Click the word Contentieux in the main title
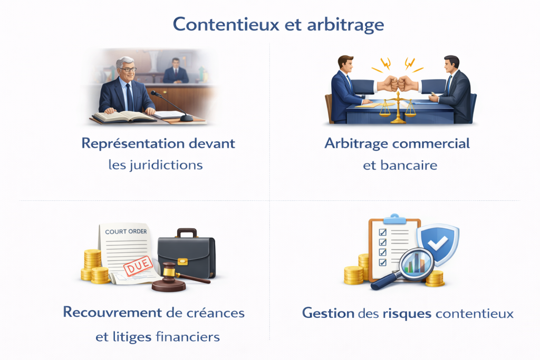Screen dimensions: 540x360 pos(226,24)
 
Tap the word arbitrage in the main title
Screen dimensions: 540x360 pos(345,25)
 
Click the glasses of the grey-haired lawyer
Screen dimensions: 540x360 pos(128,69)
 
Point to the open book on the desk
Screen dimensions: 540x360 pos(124,116)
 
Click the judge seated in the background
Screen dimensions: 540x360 pos(176,71)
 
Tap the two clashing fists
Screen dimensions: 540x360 pos(398,84)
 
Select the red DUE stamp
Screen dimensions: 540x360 pos(138,266)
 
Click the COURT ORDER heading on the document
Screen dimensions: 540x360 pos(126,231)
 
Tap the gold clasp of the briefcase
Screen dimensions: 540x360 pos(182,261)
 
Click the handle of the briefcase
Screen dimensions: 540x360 pos(187,232)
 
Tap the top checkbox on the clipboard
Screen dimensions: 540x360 pos(383,232)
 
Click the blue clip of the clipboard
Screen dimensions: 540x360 pos(394,219)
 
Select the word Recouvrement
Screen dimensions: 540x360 pos(112,313)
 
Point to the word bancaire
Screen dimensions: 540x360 pos(409,166)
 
